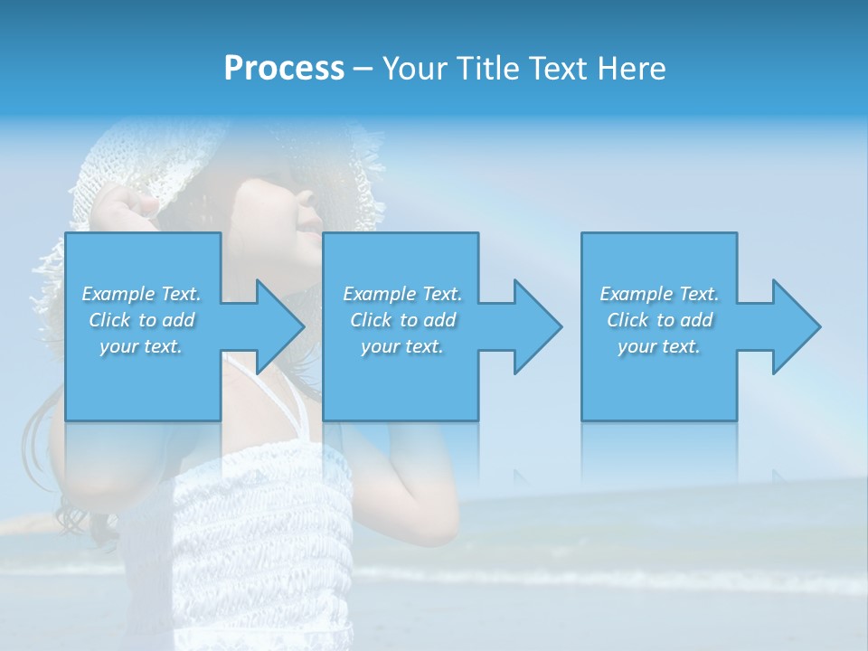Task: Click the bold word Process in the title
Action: point(284,68)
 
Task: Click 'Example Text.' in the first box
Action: point(141,294)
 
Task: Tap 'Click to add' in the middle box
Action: point(402,320)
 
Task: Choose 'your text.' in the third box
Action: point(659,346)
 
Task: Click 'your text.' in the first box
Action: point(141,346)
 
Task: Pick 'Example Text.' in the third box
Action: point(659,294)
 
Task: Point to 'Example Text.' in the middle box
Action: point(402,294)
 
